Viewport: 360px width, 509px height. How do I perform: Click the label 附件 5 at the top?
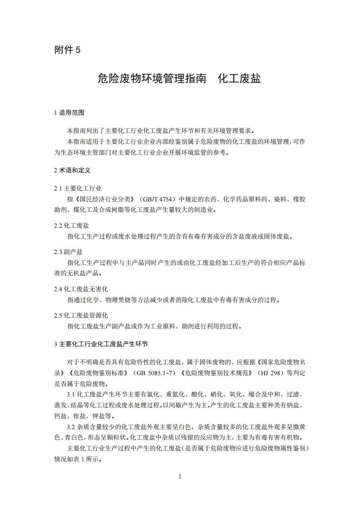click(67, 50)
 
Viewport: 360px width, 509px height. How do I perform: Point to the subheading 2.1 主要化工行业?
click(78, 188)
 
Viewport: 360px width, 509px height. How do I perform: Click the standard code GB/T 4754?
click(158, 199)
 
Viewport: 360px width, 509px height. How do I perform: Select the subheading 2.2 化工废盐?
click(71, 225)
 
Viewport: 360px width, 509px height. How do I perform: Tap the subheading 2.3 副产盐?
click(68, 252)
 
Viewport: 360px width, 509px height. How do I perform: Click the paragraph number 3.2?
click(71, 427)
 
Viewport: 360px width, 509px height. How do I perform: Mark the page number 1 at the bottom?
click(180, 476)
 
